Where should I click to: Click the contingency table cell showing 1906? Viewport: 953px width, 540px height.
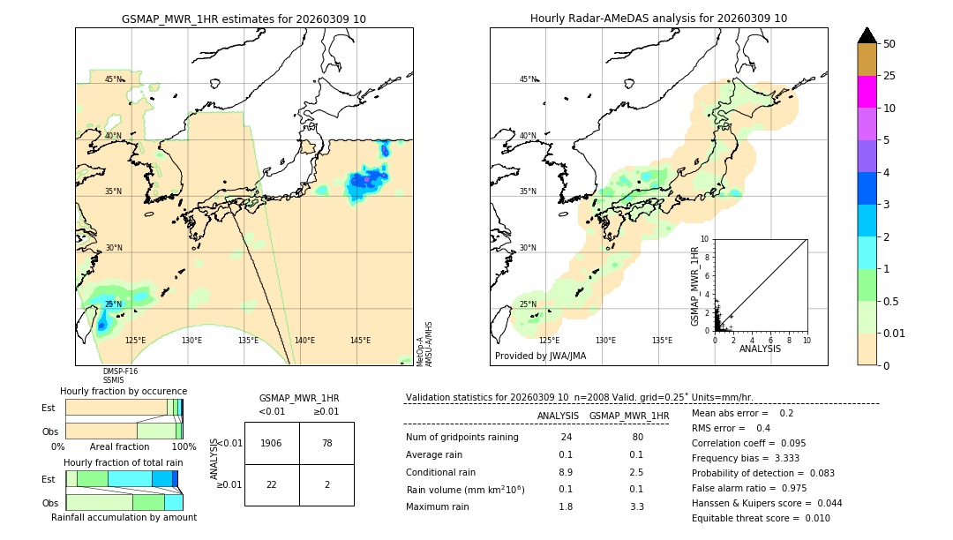(x=272, y=443)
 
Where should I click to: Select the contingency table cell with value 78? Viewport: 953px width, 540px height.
(x=326, y=443)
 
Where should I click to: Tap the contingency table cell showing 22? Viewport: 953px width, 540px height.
(x=272, y=485)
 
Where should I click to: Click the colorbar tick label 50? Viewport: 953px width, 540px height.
(x=889, y=44)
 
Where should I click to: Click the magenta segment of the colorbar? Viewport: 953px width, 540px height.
(x=867, y=92)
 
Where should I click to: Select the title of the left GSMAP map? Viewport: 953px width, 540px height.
(x=244, y=19)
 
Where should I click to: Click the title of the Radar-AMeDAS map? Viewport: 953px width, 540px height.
(x=658, y=19)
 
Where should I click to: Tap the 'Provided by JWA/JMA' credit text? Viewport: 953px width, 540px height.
(x=540, y=356)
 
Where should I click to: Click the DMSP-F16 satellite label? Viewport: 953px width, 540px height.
(x=120, y=371)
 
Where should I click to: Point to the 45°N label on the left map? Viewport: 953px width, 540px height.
(x=114, y=79)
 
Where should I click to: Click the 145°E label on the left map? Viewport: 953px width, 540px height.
(x=360, y=341)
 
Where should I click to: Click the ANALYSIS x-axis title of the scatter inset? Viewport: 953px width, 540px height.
(x=760, y=349)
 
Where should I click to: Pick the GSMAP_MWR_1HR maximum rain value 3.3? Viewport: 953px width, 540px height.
(x=637, y=506)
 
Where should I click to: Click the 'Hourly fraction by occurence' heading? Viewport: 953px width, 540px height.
(x=124, y=391)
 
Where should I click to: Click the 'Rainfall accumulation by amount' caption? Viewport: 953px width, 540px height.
(x=124, y=517)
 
